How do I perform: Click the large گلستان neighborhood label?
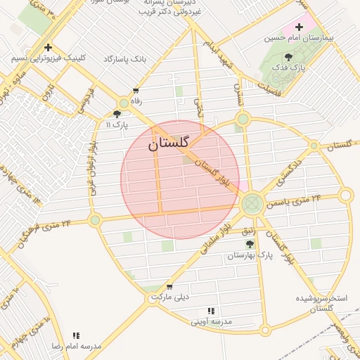pyautogui.click(x=169, y=143)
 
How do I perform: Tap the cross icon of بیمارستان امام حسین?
pyautogui.click(x=299, y=27)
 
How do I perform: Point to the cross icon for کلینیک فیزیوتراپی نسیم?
pyautogui.click(x=48, y=48)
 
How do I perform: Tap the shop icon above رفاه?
pyautogui.click(x=136, y=91)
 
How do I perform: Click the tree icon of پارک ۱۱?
pyautogui.click(x=117, y=113)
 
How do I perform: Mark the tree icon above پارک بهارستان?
pyautogui.click(x=250, y=243)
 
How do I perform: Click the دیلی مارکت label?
pyautogui.click(x=172, y=297)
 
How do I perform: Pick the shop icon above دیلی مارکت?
pyautogui.click(x=169, y=286)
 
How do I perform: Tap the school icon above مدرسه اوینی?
pyautogui.click(x=210, y=311)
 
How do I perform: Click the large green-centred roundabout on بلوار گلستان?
pyautogui.click(x=252, y=205)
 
